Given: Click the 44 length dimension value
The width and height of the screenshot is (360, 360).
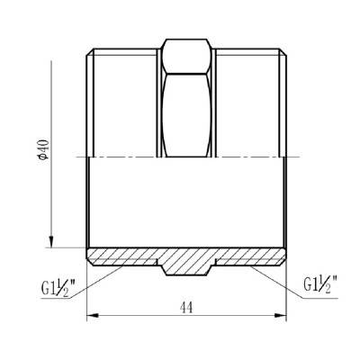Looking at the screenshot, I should coord(187,308).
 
